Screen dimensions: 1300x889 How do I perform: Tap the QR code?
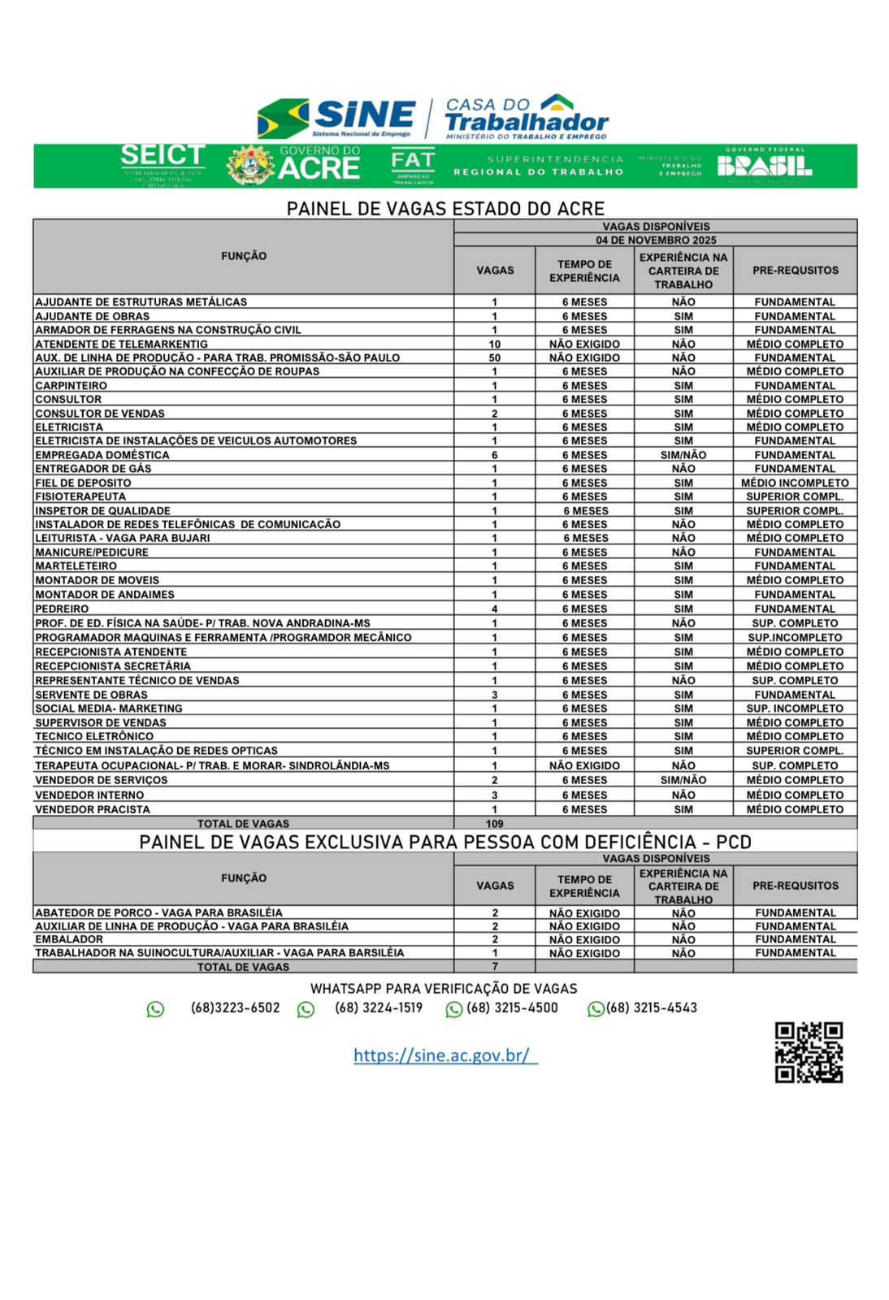(x=808, y=1052)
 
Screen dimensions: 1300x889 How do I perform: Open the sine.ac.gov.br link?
(x=444, y=1055)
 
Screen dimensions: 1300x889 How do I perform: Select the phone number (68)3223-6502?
(x=235, y=1008)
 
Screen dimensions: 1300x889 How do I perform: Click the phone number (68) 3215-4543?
(x=651, y=1008)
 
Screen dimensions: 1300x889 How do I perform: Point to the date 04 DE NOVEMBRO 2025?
(x=656, y=240)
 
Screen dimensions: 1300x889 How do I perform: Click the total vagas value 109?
(x=494, y=824)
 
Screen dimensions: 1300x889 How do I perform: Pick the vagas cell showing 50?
(x=494, y=357)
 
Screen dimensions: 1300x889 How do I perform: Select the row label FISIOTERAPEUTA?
(x=80, y=496)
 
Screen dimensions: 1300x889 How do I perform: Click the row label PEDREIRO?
(x=62, y=609)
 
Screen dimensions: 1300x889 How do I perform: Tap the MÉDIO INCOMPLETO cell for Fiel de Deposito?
(x=794, y=483)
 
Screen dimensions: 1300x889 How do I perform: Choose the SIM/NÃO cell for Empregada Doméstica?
(x=683, y=455)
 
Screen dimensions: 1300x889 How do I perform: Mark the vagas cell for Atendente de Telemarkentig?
(x=494, y=344)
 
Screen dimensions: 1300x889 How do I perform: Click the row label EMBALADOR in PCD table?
(x=69, y=939)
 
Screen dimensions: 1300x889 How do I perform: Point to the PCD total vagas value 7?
(x=494, y=967)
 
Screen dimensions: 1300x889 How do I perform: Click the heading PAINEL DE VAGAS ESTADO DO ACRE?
(x=445, y=209)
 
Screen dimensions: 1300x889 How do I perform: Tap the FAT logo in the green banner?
(x=413, y=166)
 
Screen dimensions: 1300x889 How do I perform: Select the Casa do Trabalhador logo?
(x=527, y=116)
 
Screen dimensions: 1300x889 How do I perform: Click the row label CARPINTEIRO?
(x=71, y=386)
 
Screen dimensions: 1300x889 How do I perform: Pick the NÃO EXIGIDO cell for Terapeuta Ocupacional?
(x=584, y=765)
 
